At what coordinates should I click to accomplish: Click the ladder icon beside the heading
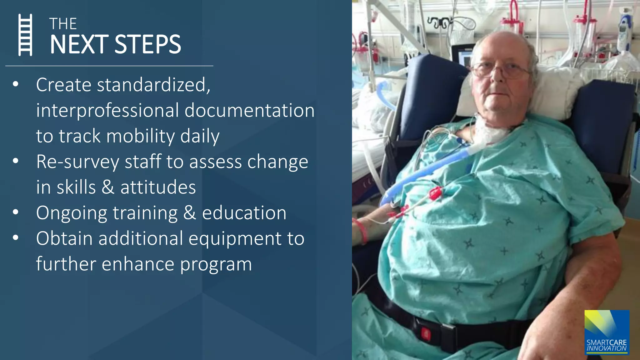click(x=25, y=35)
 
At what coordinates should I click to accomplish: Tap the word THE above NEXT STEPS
click(x=63, y=24)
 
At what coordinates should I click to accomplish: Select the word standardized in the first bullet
click(x=153, y=85)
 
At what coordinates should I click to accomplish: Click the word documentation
click(x=249, y=111)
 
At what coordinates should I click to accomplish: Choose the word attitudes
click(x=158, y=187)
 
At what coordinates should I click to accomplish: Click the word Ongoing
click(x=72, y=213)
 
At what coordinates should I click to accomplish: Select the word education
click(x=244, y=213)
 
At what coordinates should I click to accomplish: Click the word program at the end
click(x=216, y=264)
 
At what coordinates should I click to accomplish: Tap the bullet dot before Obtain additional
click(x=16, y=238)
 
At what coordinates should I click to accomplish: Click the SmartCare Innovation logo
click(x=607, y=332)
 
